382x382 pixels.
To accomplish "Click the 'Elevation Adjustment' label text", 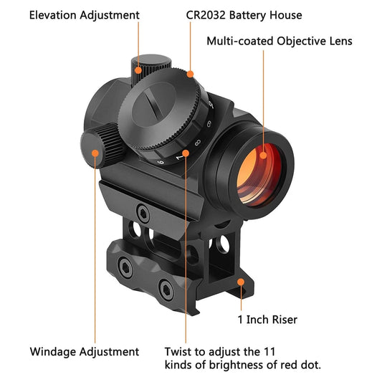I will point(84,15).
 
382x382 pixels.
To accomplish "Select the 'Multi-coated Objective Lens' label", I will point(280,41).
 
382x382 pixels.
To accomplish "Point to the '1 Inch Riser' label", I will point(267,320).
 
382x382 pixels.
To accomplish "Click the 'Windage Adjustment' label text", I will point(84,352).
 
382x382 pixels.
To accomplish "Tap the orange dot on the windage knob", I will point(95,152).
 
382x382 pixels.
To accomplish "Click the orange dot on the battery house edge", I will point(190,73).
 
